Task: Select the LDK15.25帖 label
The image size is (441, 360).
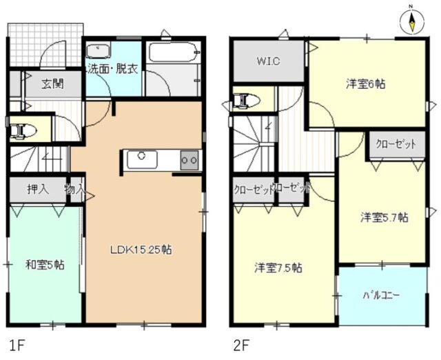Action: pos(141,250)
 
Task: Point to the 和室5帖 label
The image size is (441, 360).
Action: pos(45,264)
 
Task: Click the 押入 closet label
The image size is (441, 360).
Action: pos(37,189)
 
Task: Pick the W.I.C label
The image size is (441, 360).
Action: pos(269,61)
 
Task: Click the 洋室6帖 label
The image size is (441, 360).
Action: pos(365,85)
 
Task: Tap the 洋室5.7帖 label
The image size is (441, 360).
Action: pos(384,218)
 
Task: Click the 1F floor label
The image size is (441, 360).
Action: pos(17,343)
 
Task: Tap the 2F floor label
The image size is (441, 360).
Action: pos(241,343)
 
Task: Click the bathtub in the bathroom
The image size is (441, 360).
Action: pos(172,52)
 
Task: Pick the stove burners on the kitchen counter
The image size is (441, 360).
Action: pos(188,159)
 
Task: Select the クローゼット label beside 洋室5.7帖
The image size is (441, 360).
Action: pos(396,144)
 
